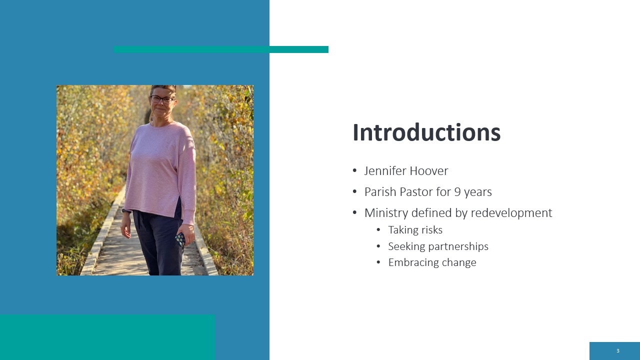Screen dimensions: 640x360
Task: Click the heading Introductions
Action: [x=426, y=132]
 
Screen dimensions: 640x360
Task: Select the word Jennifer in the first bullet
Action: [x=385, y=171]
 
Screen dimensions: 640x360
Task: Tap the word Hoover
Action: [x=429, y=171]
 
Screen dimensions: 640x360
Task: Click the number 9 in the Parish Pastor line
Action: [x=457, y=191]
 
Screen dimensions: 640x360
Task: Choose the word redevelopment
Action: [x=511, y=213]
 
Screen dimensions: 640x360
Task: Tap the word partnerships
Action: [x=458, y=246]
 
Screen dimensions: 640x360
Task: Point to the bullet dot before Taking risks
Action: [x=378, y=229]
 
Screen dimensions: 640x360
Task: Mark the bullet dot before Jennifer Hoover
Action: [x=355, y=171]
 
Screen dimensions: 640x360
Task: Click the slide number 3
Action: [x=618, y=351]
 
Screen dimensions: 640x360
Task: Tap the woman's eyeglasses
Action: [x=161, y=99]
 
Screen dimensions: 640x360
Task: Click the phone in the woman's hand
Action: [x=180, y=239]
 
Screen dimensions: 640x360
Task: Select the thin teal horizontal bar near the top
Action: [x=221, y=49]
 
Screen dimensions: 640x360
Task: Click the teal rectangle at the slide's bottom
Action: [x=107, y=337]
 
